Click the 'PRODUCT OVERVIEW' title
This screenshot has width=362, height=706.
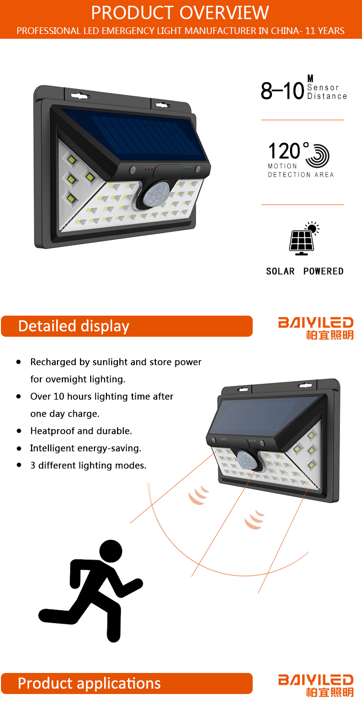pyautogui.click(x=181, y=12)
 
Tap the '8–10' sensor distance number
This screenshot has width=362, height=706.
pyautogui.click(x=282, y=91)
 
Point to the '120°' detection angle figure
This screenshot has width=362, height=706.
pyautogui.click(x=285, y=151)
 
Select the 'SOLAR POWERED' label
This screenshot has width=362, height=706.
pyautogui.click(x=304, y=271)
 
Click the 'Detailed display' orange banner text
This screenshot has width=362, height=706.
pyautogui.click(x=74, y=326)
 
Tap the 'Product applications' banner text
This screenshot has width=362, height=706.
pyautogui.click(x=89, y=683)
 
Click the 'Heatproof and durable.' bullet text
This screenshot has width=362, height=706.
pyautogui.click(x=81, y=431)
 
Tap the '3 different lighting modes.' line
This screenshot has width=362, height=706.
pyautogui.click(x=88, y=466)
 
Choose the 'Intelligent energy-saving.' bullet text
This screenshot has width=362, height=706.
pyautogui.click(x=86, y=448)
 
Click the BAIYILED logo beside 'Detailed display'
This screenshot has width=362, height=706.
pyautogui.click(x=316, y=327)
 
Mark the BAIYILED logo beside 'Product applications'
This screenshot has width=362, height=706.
pyautogui.click(x=316, y=684)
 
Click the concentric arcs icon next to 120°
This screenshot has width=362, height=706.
pyautogui.click(x=317, y=155)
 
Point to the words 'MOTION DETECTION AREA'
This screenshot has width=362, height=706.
pyautogui.click(x=301, y=171)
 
